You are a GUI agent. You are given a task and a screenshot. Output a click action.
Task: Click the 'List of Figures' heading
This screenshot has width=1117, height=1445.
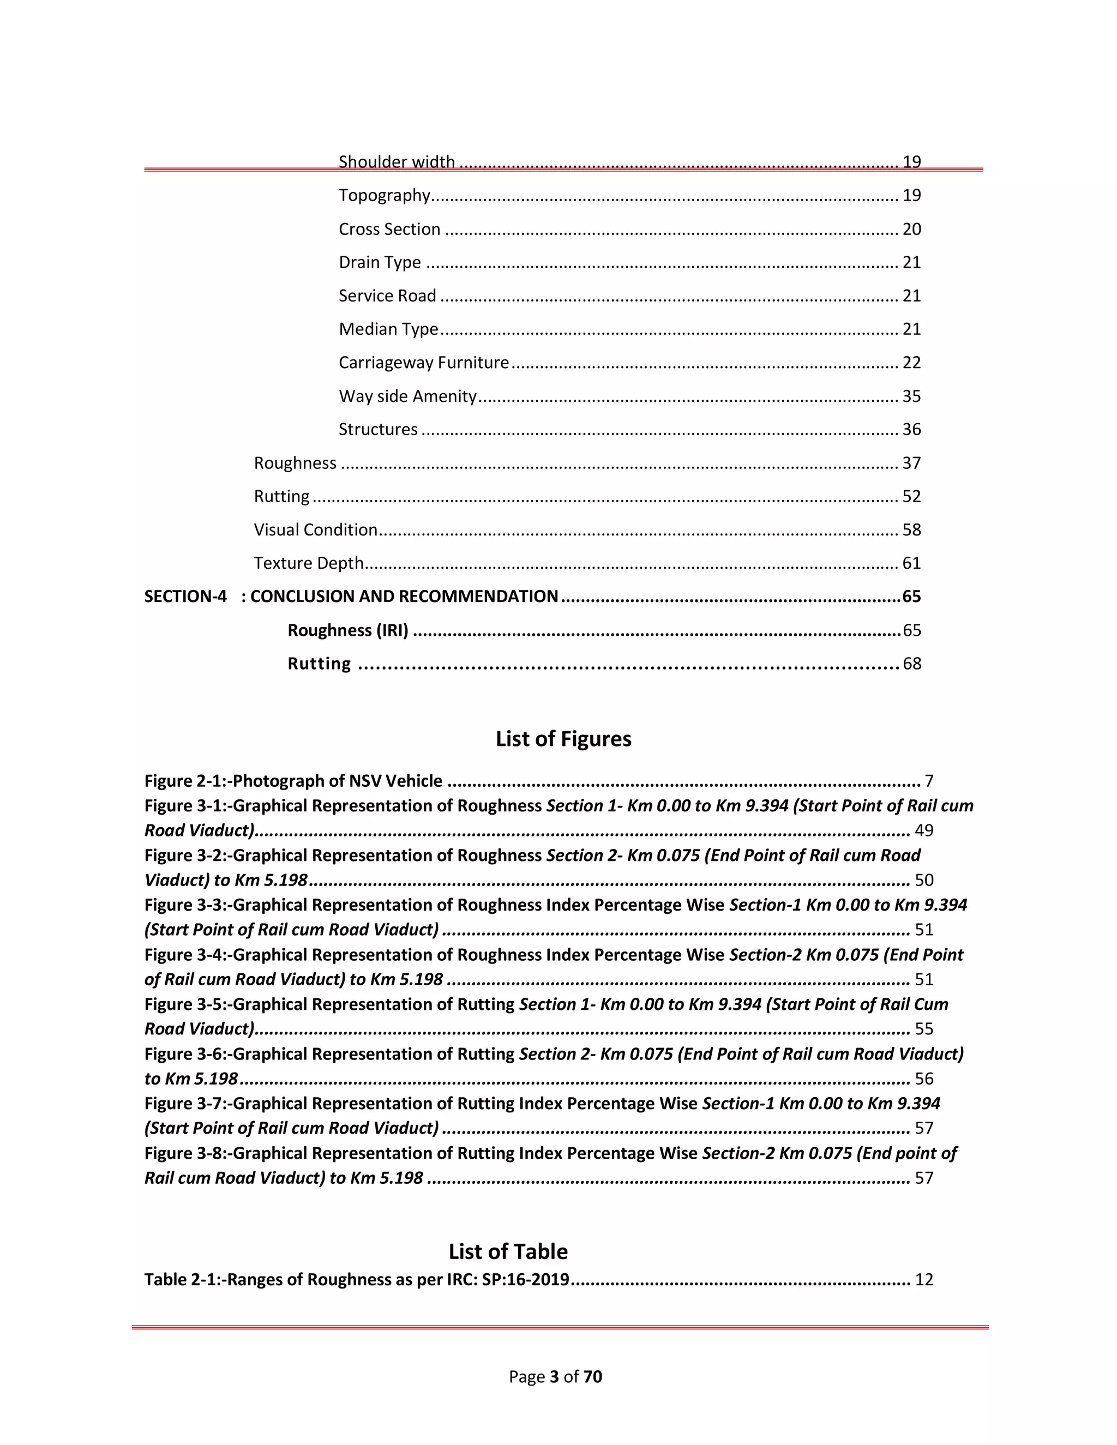coord(563,738)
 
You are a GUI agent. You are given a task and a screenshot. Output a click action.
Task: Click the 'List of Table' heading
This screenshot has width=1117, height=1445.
coord(508,1251)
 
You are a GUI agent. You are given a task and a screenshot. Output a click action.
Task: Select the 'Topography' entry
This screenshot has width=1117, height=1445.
coord(385,195)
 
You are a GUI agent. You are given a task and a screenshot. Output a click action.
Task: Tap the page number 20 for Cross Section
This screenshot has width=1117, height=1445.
coord(911,229)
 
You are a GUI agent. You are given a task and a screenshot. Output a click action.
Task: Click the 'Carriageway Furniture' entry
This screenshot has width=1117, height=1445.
coord(423,363)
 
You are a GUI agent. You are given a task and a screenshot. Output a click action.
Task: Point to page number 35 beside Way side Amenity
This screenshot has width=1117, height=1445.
coord(911,396)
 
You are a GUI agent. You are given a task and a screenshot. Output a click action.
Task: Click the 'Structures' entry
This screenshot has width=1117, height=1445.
coord(378,429)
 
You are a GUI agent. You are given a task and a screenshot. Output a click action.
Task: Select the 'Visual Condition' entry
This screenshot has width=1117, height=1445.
coord(316,530)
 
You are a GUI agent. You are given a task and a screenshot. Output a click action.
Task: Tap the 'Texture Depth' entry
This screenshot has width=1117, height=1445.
coord(308,563)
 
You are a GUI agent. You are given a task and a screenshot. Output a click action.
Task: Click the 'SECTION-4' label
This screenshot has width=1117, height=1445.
coord(185,597)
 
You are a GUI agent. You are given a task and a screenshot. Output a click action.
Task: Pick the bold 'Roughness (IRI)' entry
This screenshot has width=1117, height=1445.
coord(347,630)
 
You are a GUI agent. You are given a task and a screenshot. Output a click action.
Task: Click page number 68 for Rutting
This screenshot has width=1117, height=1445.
coord(911,664)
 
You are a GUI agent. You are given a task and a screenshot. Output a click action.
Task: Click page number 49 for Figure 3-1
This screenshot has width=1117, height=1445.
coord(924,830)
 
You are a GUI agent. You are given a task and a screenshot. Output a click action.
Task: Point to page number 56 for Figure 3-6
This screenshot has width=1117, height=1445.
coord(924,1079)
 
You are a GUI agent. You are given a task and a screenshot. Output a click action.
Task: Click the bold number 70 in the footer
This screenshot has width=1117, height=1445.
coord(593,1377)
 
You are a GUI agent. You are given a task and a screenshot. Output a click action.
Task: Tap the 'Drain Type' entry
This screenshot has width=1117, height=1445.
coord(380,263)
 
